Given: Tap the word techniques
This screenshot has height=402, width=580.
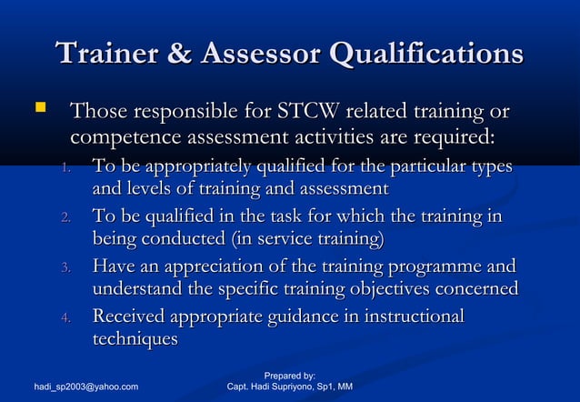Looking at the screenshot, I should point(135,339).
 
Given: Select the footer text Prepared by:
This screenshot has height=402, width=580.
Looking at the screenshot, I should point(289,376).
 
